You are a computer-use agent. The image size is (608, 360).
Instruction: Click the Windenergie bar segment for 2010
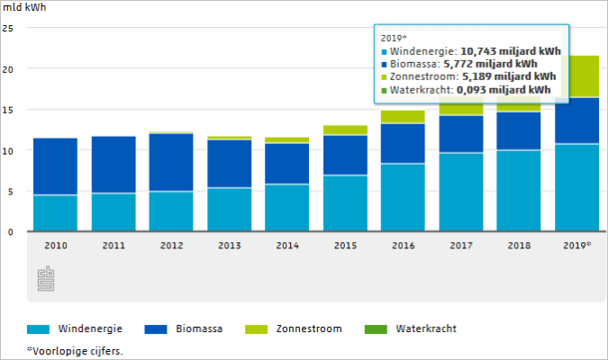click(55, 213)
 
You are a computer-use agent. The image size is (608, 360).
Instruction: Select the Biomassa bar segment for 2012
click(171, 162)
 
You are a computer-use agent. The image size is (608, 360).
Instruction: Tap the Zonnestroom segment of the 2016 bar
click(403, 117)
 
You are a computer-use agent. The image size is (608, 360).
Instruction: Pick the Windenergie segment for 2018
click(519, 191)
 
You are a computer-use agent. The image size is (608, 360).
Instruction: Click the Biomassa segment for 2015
click(345, 155)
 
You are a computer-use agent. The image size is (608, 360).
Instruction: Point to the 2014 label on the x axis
click(287, 245)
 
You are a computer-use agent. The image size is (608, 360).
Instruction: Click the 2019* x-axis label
click(577, 245)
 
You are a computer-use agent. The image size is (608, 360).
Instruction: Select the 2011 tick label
click(113, 245)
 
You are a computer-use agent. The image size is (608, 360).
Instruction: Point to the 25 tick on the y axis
click(8, 28)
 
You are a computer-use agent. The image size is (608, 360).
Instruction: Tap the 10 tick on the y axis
click(8, 151)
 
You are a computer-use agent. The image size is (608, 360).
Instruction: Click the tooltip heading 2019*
click(394, 38)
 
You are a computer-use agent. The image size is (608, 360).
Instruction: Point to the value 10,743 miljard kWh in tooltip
click(511, 51)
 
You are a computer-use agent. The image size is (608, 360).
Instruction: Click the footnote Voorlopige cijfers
click(76, 351)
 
